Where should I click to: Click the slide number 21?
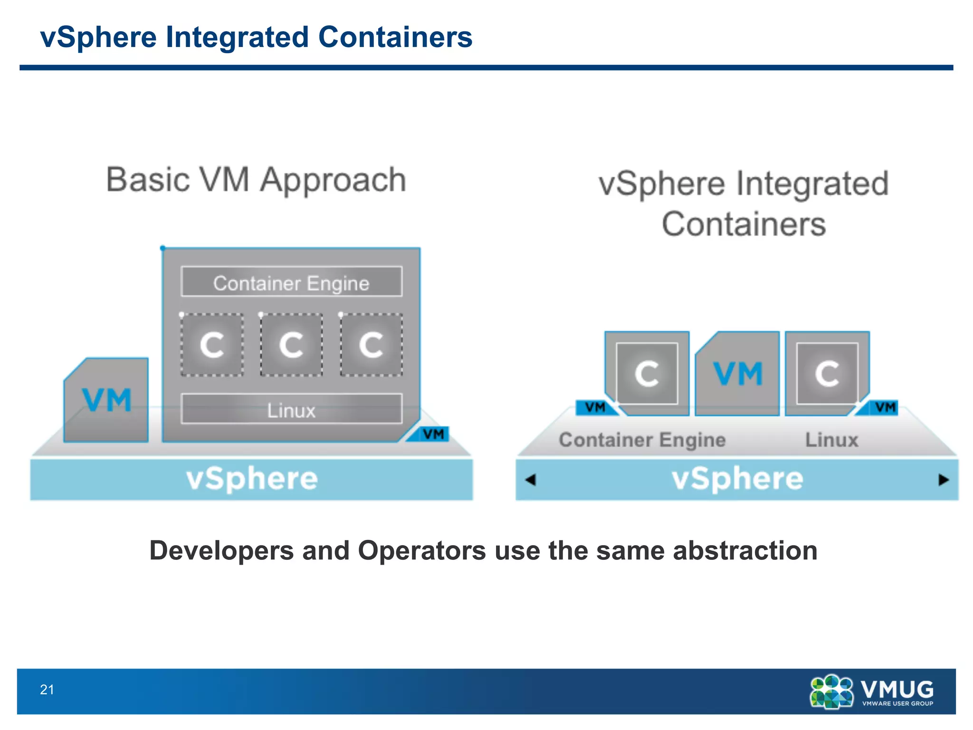[x=47, y=690]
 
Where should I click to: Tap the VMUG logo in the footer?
[x=872, y=692]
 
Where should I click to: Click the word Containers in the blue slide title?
[x=395, y=37]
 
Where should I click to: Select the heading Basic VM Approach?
[x=256, y=180]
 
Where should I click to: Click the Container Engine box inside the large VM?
[x=291, y=282]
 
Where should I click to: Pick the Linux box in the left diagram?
[x=291, y=409]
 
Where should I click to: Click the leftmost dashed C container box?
[x=212, y=345]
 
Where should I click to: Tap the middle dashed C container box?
[x=291, y=345]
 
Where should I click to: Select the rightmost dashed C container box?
[x=371, y=345]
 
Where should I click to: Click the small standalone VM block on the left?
[x=107, y=401]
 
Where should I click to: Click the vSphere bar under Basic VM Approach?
[x=251, y=479]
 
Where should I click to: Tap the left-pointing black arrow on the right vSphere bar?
[x=531, y=480]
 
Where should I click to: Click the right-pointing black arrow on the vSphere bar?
[x=944, y=480]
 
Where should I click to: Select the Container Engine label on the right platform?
[x=642, y=440]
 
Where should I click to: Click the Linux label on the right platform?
[x=831, y=440]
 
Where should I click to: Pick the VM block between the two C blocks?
[x=737, y=374]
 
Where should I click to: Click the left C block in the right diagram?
[x=647, y=374]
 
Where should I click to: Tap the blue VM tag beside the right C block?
[x=884, y=407]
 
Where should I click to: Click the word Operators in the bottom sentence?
[x=422, y=550]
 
